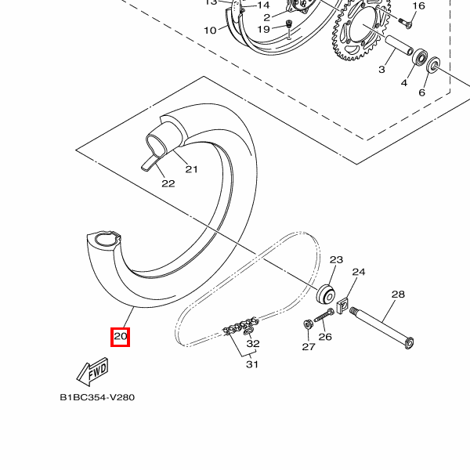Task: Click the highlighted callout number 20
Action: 120,338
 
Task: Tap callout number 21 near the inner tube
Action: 192,168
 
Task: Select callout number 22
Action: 168,184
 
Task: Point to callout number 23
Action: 336,259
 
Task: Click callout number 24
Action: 359,272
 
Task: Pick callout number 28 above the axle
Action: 398,295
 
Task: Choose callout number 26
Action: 325,338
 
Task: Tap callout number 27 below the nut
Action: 308,346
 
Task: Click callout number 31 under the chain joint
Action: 251,363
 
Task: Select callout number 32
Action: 253,343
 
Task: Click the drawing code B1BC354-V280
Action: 97,397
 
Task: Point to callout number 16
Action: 418,6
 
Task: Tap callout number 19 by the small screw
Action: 263,29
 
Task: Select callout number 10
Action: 210,31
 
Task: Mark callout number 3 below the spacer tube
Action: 381,70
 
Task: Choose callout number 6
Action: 421,92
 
